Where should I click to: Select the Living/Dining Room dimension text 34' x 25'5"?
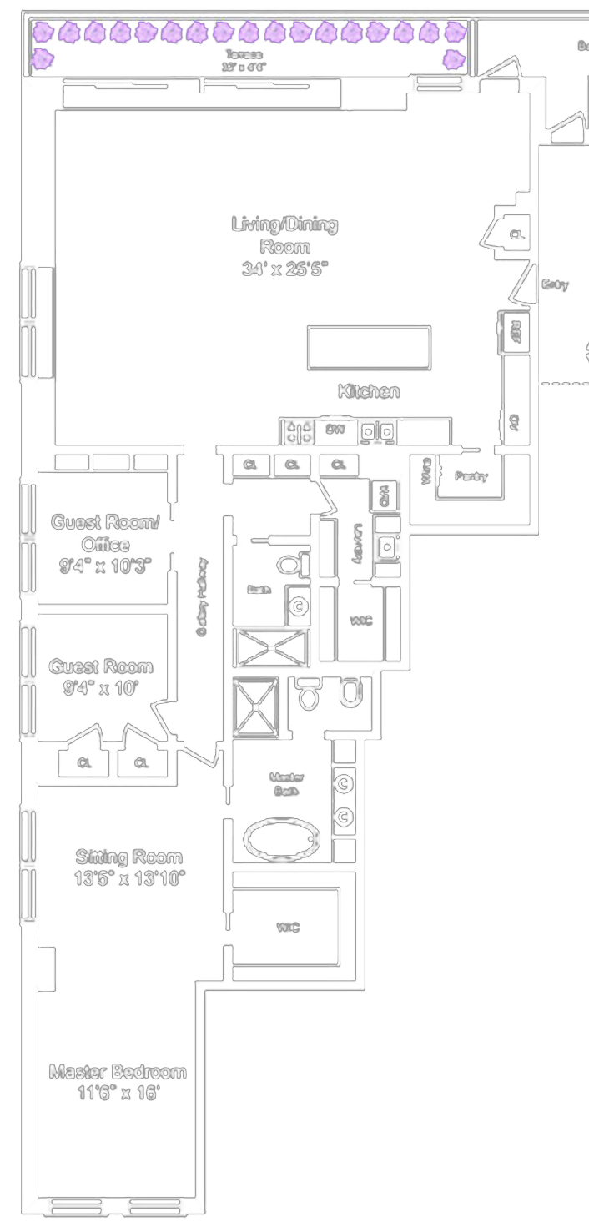285,269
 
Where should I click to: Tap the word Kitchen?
368,391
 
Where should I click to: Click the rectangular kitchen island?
369,348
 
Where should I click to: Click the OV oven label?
515,424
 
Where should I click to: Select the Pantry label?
471,476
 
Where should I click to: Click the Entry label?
555,285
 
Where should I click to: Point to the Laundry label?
356,546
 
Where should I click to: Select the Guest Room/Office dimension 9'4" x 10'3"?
105,566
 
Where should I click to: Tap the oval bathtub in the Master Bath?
281,837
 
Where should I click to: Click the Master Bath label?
286,783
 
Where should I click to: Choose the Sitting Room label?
128,857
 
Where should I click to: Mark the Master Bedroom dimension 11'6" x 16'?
117,1093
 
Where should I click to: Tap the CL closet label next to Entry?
517,235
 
